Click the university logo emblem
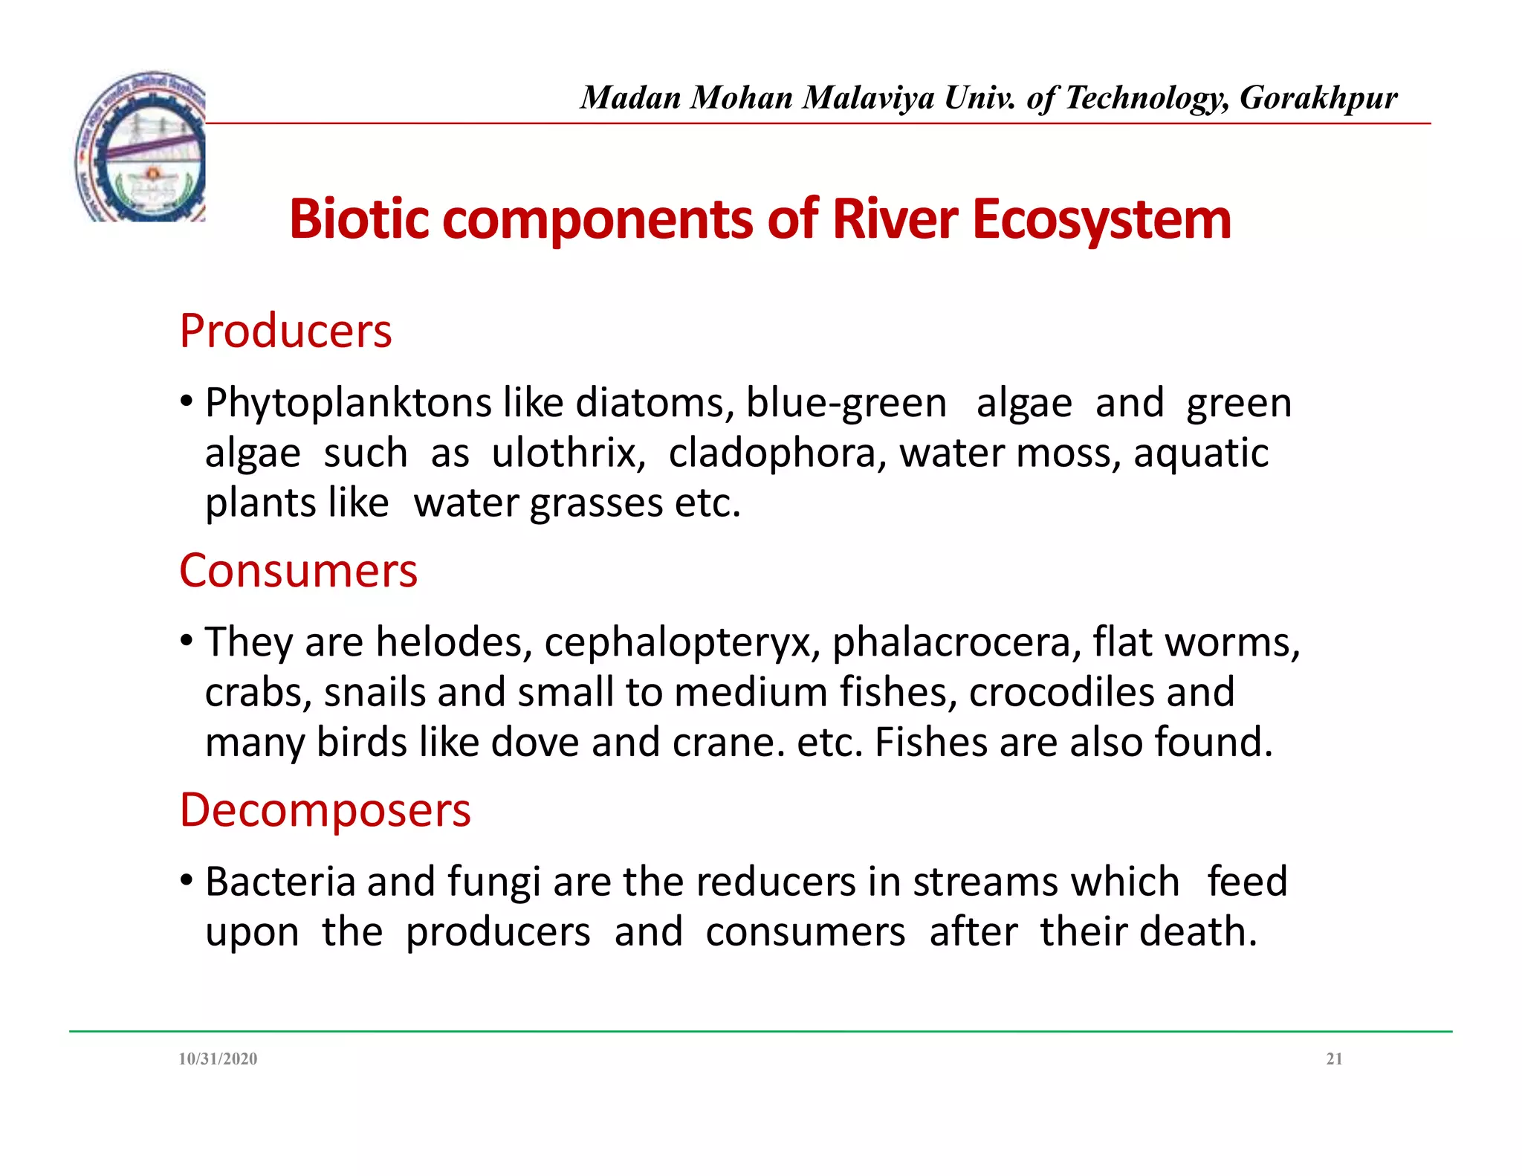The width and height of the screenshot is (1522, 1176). [141, 147]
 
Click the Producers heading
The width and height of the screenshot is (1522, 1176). [285, 331]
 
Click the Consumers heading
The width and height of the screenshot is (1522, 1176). [298, 571]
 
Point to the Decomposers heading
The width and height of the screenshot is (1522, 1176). [325, 810]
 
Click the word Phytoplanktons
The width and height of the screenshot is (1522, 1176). [348, 404]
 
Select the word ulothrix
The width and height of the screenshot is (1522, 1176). [568, 453]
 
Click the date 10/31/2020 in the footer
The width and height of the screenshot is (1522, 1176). [218, 1059]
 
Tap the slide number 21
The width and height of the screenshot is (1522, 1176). [1334, 1059]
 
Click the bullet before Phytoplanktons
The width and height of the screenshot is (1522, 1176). [187, 402]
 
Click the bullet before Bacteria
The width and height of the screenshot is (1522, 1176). [187, 881]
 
